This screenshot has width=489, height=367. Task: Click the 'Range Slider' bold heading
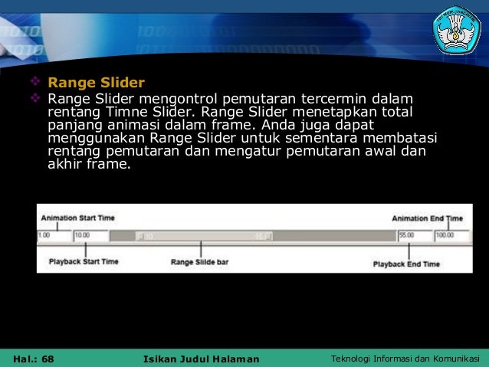click(96, 82)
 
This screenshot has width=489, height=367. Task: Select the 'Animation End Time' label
click(428, 218)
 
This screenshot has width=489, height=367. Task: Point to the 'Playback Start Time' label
click(84, 261)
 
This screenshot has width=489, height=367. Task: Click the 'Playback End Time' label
click(406, 264)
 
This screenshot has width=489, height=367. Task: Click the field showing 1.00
click(54, 235)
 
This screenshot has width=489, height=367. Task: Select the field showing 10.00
click(91, 235)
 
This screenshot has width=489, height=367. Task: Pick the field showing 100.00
click(448, 235)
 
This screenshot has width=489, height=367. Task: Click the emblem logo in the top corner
click(457, 29)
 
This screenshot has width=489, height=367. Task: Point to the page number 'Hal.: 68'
click(34, 359)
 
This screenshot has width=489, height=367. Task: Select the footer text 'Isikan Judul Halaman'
click(202, 359)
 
